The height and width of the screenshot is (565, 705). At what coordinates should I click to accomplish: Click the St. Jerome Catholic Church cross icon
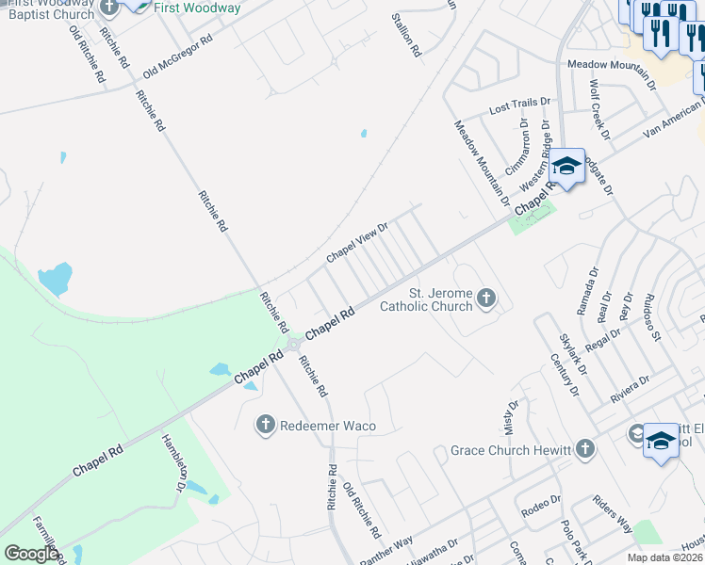click(486, 299)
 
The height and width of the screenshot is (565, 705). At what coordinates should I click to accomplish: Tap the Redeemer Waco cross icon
click(266, 426)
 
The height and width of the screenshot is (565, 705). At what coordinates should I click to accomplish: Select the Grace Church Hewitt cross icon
click(586, 449)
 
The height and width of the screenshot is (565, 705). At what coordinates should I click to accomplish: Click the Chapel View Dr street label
click(357, 243)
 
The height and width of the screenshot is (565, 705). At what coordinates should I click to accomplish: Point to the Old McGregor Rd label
click(178, 57)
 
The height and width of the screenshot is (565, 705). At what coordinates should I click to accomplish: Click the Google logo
click(31, 553)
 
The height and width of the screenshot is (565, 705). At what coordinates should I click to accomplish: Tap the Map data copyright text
click(664, 557)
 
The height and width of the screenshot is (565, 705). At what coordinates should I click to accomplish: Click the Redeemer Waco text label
click(328, 427)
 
